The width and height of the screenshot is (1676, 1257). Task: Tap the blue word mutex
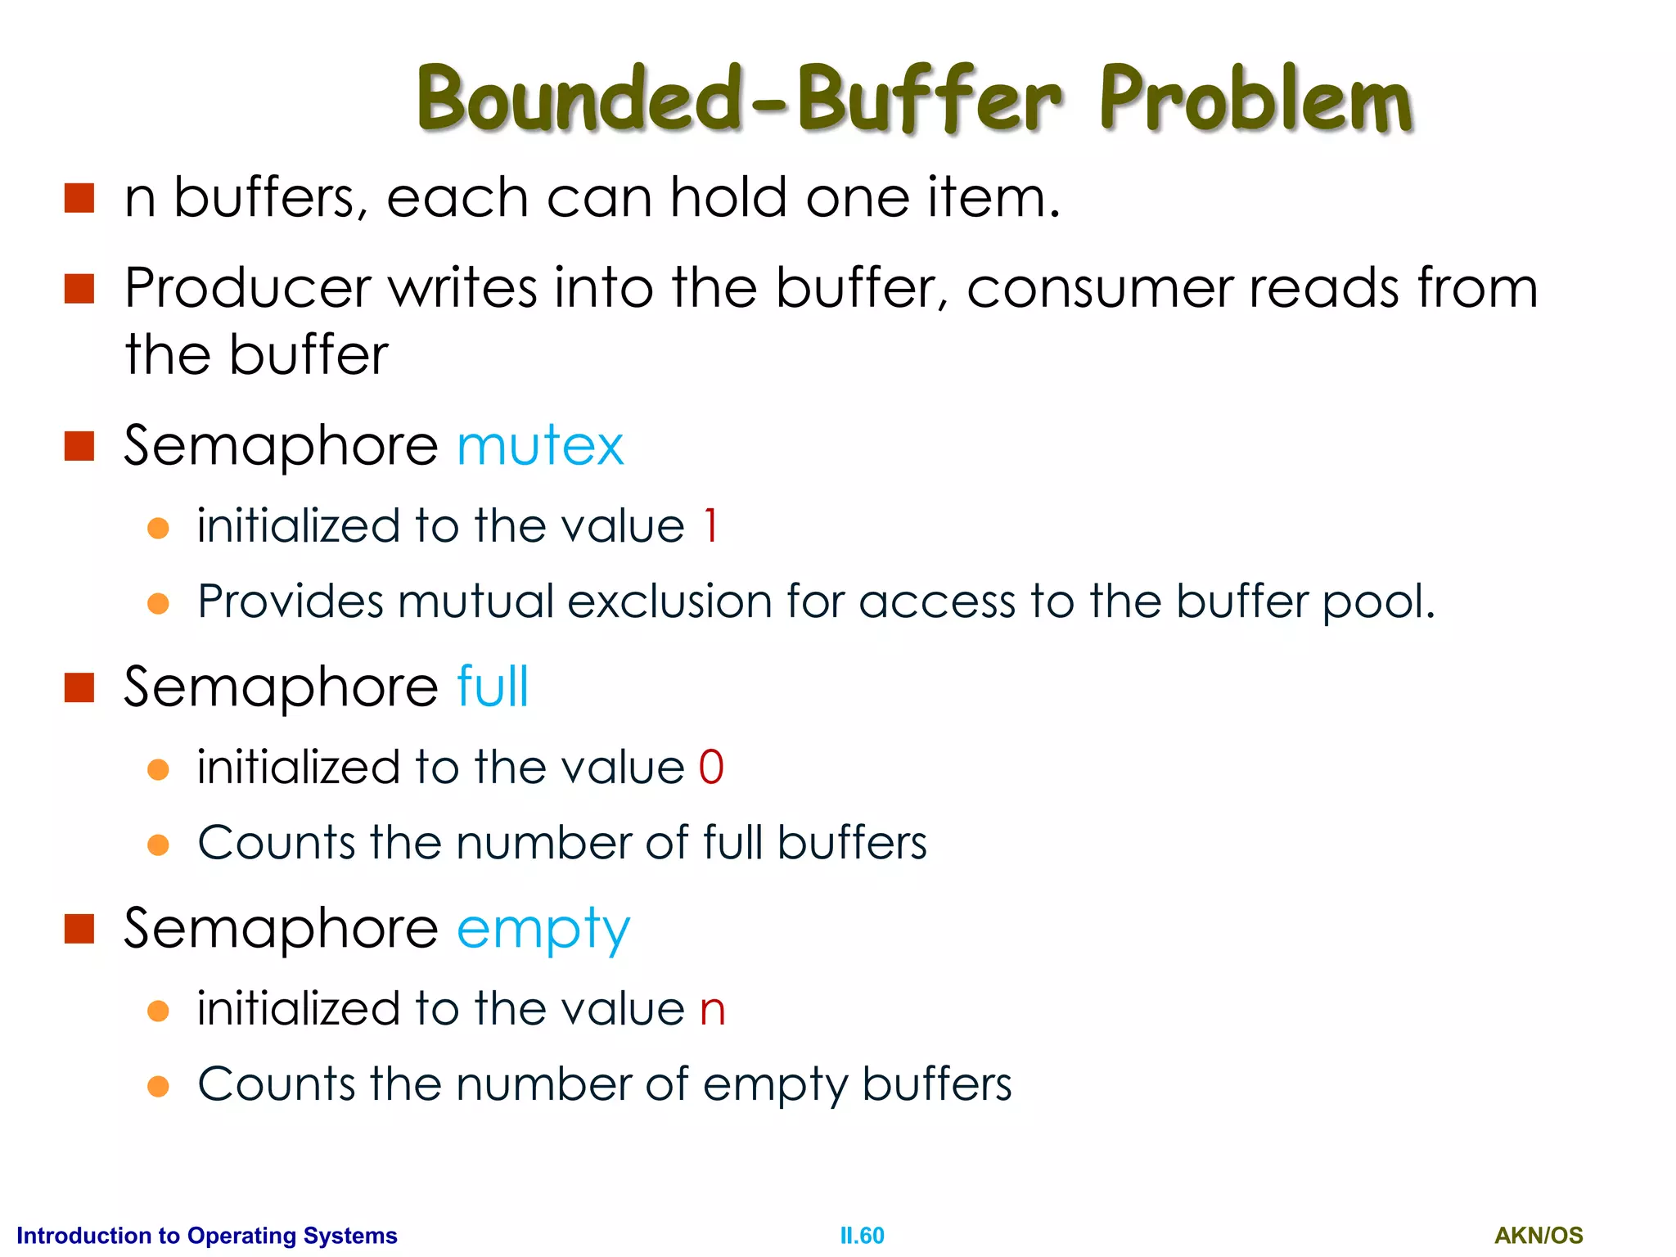(540, 446)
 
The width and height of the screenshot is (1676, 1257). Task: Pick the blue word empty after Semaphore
(543, 930)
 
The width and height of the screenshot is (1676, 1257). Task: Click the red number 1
(710, 525)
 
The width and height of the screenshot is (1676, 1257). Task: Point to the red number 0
(711, 768)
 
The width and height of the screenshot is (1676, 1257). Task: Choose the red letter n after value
(712, 1010)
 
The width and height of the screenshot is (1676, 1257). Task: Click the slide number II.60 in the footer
(862, 1235)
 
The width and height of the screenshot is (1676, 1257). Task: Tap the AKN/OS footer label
(1539, 1235)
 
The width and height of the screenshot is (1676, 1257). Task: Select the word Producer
(248, 288)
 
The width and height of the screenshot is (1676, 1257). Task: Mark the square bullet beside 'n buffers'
(79, 198)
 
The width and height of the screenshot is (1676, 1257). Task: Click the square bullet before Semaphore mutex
(79, 446)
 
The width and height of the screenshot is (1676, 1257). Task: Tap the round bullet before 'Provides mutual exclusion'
(158, 604)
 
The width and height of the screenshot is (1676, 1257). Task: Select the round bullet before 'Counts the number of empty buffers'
(158, 1086)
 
